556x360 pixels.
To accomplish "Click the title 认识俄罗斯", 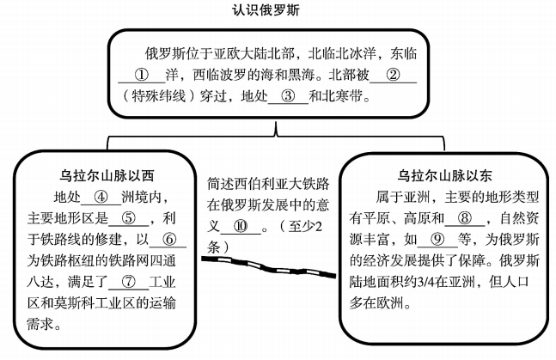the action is [x=266, y=9].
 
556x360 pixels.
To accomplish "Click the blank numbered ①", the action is [x=142, y=76].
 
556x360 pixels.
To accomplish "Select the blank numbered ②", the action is [x=393, y=76].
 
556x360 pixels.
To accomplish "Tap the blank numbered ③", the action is [x=288, y=96].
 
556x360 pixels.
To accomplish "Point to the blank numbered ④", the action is [x=101, y=198].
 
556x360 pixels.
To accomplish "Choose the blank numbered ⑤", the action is [x=128, y=218].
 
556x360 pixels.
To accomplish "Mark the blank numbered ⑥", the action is [x=168, y=240].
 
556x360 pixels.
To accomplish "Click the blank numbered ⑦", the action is [x=128, y=282].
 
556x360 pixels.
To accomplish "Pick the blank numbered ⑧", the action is [x=465, y=218].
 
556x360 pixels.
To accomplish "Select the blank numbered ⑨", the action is [x=437, y=240].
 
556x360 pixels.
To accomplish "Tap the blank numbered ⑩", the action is [x=241, y=226].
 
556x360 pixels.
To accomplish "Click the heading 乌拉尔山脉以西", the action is [x=107, y=175].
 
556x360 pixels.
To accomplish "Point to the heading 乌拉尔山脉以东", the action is [x=444, y=175].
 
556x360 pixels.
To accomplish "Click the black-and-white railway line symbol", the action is [x=268, y=266].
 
